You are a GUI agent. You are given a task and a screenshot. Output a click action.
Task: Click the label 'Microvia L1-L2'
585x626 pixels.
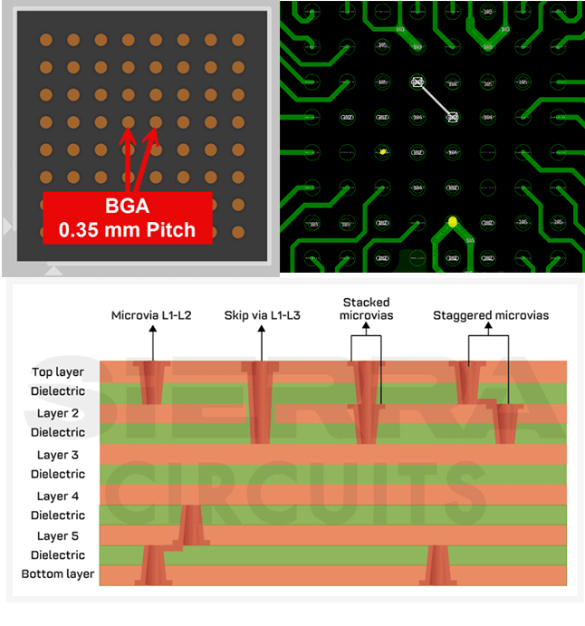pyautogui.click(x=152, y=315)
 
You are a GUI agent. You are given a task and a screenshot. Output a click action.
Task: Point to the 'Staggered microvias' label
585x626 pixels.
pyautogui.click(x=491, y=315)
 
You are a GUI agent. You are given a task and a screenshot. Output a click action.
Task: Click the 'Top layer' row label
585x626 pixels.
pyautogui.click(x=57, y=371)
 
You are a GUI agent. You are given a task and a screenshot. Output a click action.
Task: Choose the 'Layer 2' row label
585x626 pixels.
pyautogui.click(x=57, y=413)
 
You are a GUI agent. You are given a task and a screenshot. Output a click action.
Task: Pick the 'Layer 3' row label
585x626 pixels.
pyautogui.click(x=57, y=455)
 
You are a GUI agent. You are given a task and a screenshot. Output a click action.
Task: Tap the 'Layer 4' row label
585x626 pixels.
pyautogui.click(x=57, y=496)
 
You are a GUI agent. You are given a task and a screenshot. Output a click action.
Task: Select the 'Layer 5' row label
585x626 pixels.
pyautogui.click(x=57, y=535)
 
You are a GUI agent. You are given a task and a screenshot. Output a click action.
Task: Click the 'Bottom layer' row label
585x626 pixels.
pyautogui.click(x=57, y=574)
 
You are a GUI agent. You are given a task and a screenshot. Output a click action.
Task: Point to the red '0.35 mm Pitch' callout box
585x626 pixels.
pyautogui.click(x=127, y=217)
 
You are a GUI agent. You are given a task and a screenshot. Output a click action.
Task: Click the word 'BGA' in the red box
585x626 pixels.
pyautogui.click(x=127, y=206)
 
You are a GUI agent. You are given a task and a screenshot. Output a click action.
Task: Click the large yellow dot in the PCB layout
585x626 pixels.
pyautogui.click(x=452, y=221)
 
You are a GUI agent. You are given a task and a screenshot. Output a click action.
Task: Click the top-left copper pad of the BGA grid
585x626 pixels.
pyautogui.click(x=46, y=40)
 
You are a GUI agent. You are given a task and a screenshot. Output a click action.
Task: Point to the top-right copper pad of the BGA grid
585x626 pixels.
pyautogui.click(x=238, y=40)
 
